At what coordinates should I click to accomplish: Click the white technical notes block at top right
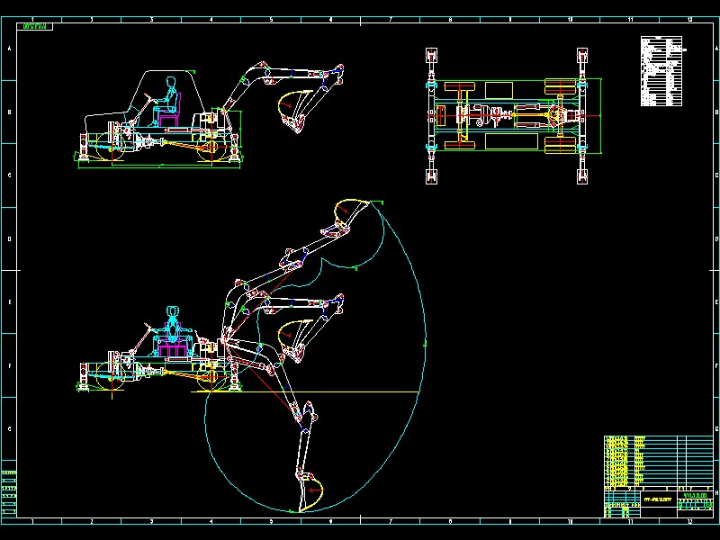(663, 71)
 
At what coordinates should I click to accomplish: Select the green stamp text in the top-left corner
(36, 27)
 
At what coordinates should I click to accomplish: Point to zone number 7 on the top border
(391, 19)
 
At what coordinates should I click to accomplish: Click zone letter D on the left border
(9, 238)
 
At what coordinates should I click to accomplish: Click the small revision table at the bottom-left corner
(9, 490)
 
